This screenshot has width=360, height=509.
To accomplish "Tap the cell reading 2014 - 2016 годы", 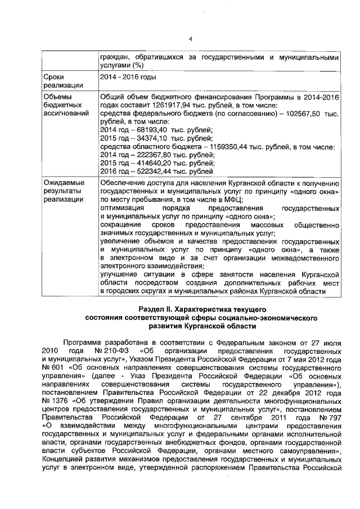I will [128, 76].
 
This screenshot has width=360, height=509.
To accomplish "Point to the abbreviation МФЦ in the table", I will [231, 200].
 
